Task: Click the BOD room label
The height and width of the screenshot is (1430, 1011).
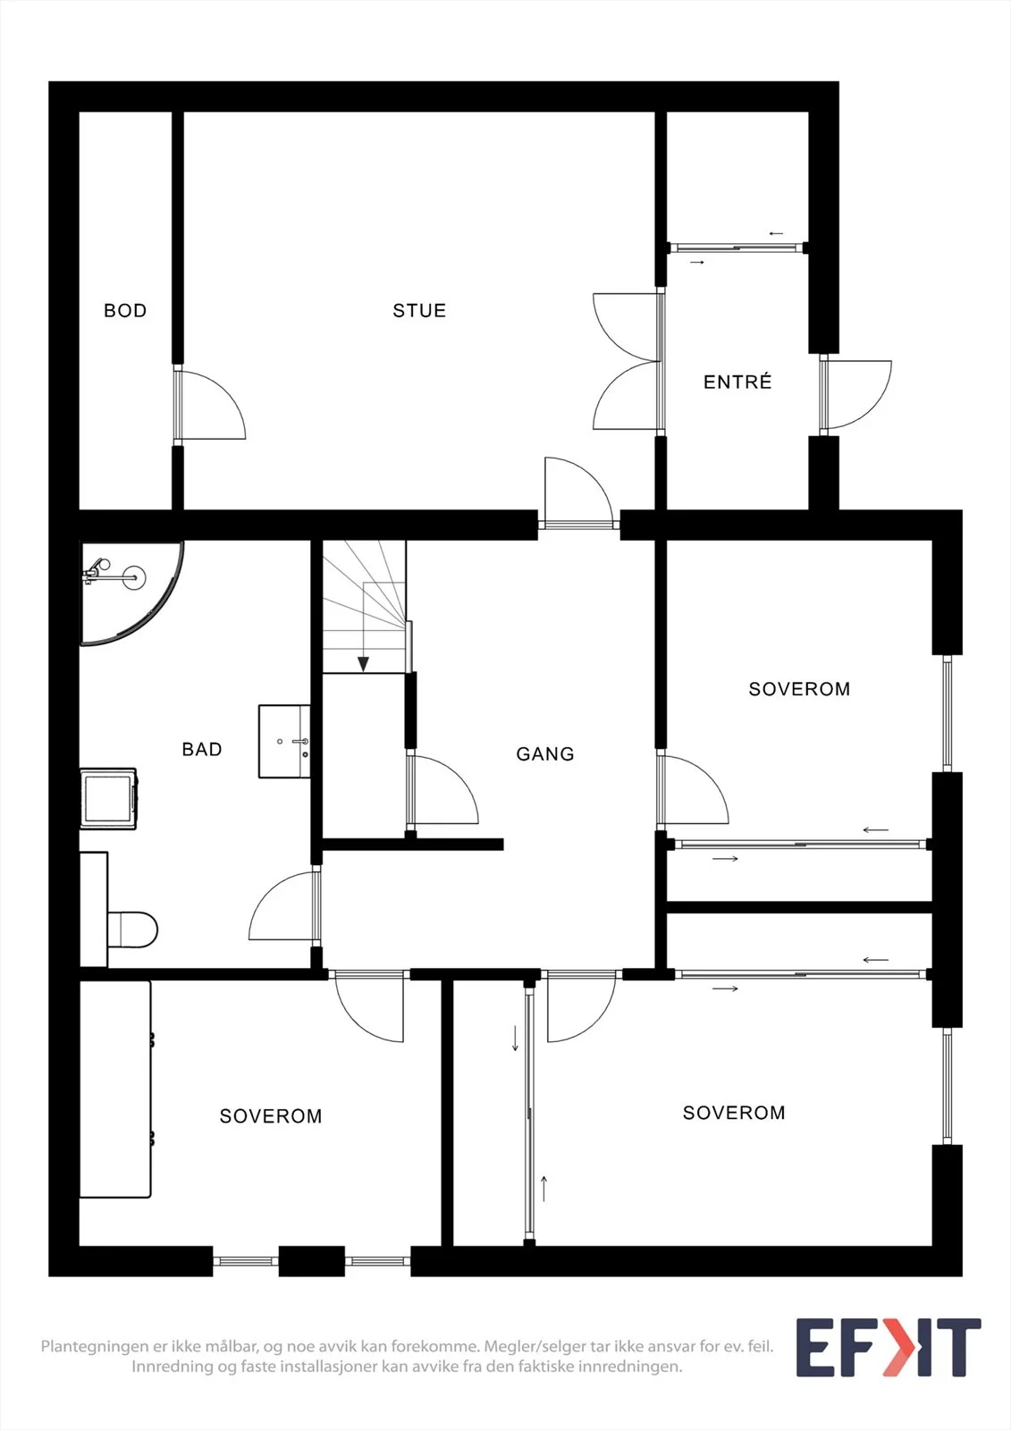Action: tap(125, 311)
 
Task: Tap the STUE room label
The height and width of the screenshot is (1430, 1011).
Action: tap(419, 311)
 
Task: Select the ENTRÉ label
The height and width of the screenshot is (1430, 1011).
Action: tap(737, 382)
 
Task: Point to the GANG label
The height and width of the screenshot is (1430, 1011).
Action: tap(544, 754)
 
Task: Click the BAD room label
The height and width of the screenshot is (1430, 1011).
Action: tap(202, 749)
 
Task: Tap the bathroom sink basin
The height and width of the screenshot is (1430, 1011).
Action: tap(284, 741)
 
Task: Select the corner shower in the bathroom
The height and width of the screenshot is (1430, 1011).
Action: tap(131, 593)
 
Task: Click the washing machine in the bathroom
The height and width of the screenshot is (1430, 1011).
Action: tap(108, 799)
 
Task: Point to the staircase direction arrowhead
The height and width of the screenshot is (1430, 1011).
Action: tap(364, 664)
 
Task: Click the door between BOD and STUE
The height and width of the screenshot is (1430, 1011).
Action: tap(209, 406)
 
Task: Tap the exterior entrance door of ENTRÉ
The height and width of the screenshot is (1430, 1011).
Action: tap(855, 394)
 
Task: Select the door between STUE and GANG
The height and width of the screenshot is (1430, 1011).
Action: tap(578, 493)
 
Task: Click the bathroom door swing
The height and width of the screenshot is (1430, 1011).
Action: tap(284, 905)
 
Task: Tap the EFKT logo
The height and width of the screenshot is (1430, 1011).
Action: tap(889, 1348)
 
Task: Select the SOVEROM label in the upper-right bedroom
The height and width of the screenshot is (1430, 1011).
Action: tap(799, 689)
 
